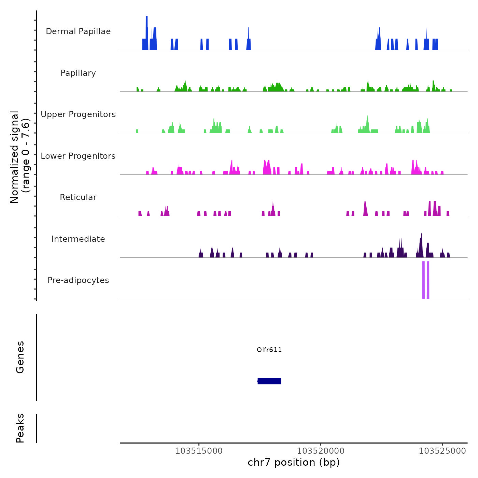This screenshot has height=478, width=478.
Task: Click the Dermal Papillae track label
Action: click(x=78, y=31)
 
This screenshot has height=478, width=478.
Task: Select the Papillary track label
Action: click(x=78, y=73)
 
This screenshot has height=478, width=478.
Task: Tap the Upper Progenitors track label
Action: click(x=78, y=114)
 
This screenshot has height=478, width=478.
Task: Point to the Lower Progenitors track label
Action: click(x=78, y=156)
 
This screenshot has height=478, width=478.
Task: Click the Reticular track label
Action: click(x=78, y=197)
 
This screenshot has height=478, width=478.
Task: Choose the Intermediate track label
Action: click(x=78, y=239)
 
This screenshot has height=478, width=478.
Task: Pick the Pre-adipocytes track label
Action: click(x=78, y=280)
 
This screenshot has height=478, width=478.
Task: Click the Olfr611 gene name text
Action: click(x=269, y=350)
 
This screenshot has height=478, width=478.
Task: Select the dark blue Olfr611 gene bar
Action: click(x=269, y=381)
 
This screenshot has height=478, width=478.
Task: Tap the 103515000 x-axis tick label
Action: click(x=199, y=451)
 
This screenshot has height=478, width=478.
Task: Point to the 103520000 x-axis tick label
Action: click(x=321, y=451)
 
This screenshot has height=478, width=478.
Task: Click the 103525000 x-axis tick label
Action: click(x=442, y=451)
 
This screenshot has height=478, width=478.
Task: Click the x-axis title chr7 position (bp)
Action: click(x=294, y=462)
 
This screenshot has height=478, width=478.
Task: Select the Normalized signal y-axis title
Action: click(x=20, y=157)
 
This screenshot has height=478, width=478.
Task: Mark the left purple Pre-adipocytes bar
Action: click(x=423, y=280)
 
